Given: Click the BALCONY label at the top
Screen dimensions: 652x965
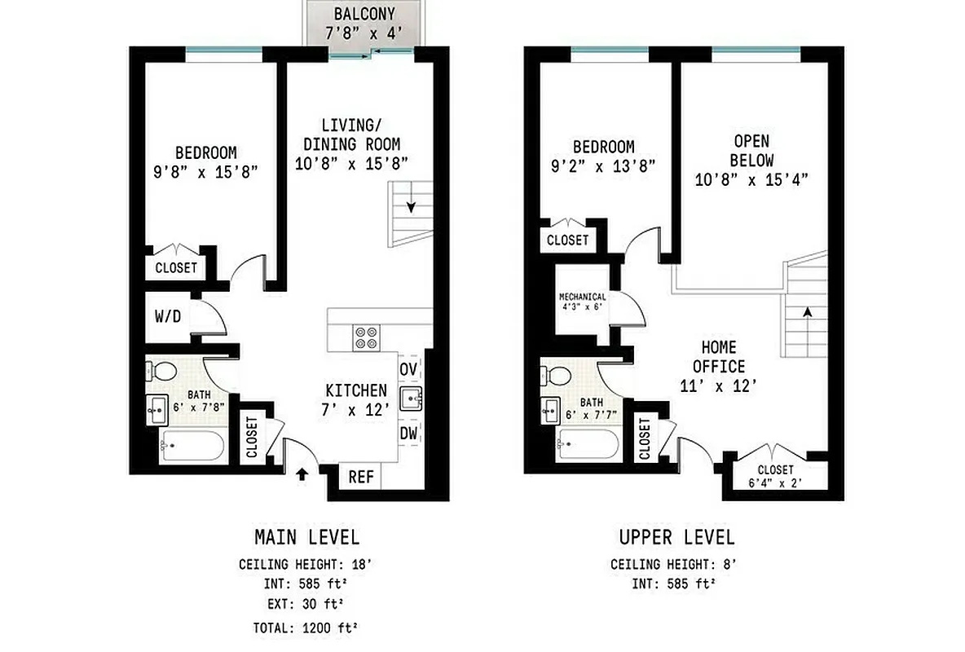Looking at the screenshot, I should pyautogui.click(x=364, y=14).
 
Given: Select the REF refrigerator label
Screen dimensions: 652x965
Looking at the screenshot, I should pyautogui.click(x=360, y=477).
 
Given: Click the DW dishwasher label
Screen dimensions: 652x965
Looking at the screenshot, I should pyautogui.click(x=408, y=434).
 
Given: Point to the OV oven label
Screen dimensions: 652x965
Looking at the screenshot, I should pyautogui.click(x=408, y=369).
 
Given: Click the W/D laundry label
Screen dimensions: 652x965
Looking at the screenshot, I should pyautogui.click(x=167, y=315).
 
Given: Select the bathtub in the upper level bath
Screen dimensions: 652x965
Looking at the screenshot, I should pyautogui.click(x=587, y=445).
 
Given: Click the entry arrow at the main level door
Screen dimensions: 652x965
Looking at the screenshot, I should pyautogui.click(x=302, y=474).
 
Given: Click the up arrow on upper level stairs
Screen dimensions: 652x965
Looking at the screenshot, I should pyautogui.click(x=807, y=312).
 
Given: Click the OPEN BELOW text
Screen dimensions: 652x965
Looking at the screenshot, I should pyautogui.click(x=751, y=151).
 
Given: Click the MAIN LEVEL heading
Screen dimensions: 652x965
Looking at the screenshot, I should pyautogui.click(x=306, y=537).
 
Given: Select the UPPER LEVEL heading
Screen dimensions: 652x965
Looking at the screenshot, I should pyautogui.click(x=676, y=537).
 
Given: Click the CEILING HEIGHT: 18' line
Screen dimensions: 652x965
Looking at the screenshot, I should pyautogui.click(x=306, y=564).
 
